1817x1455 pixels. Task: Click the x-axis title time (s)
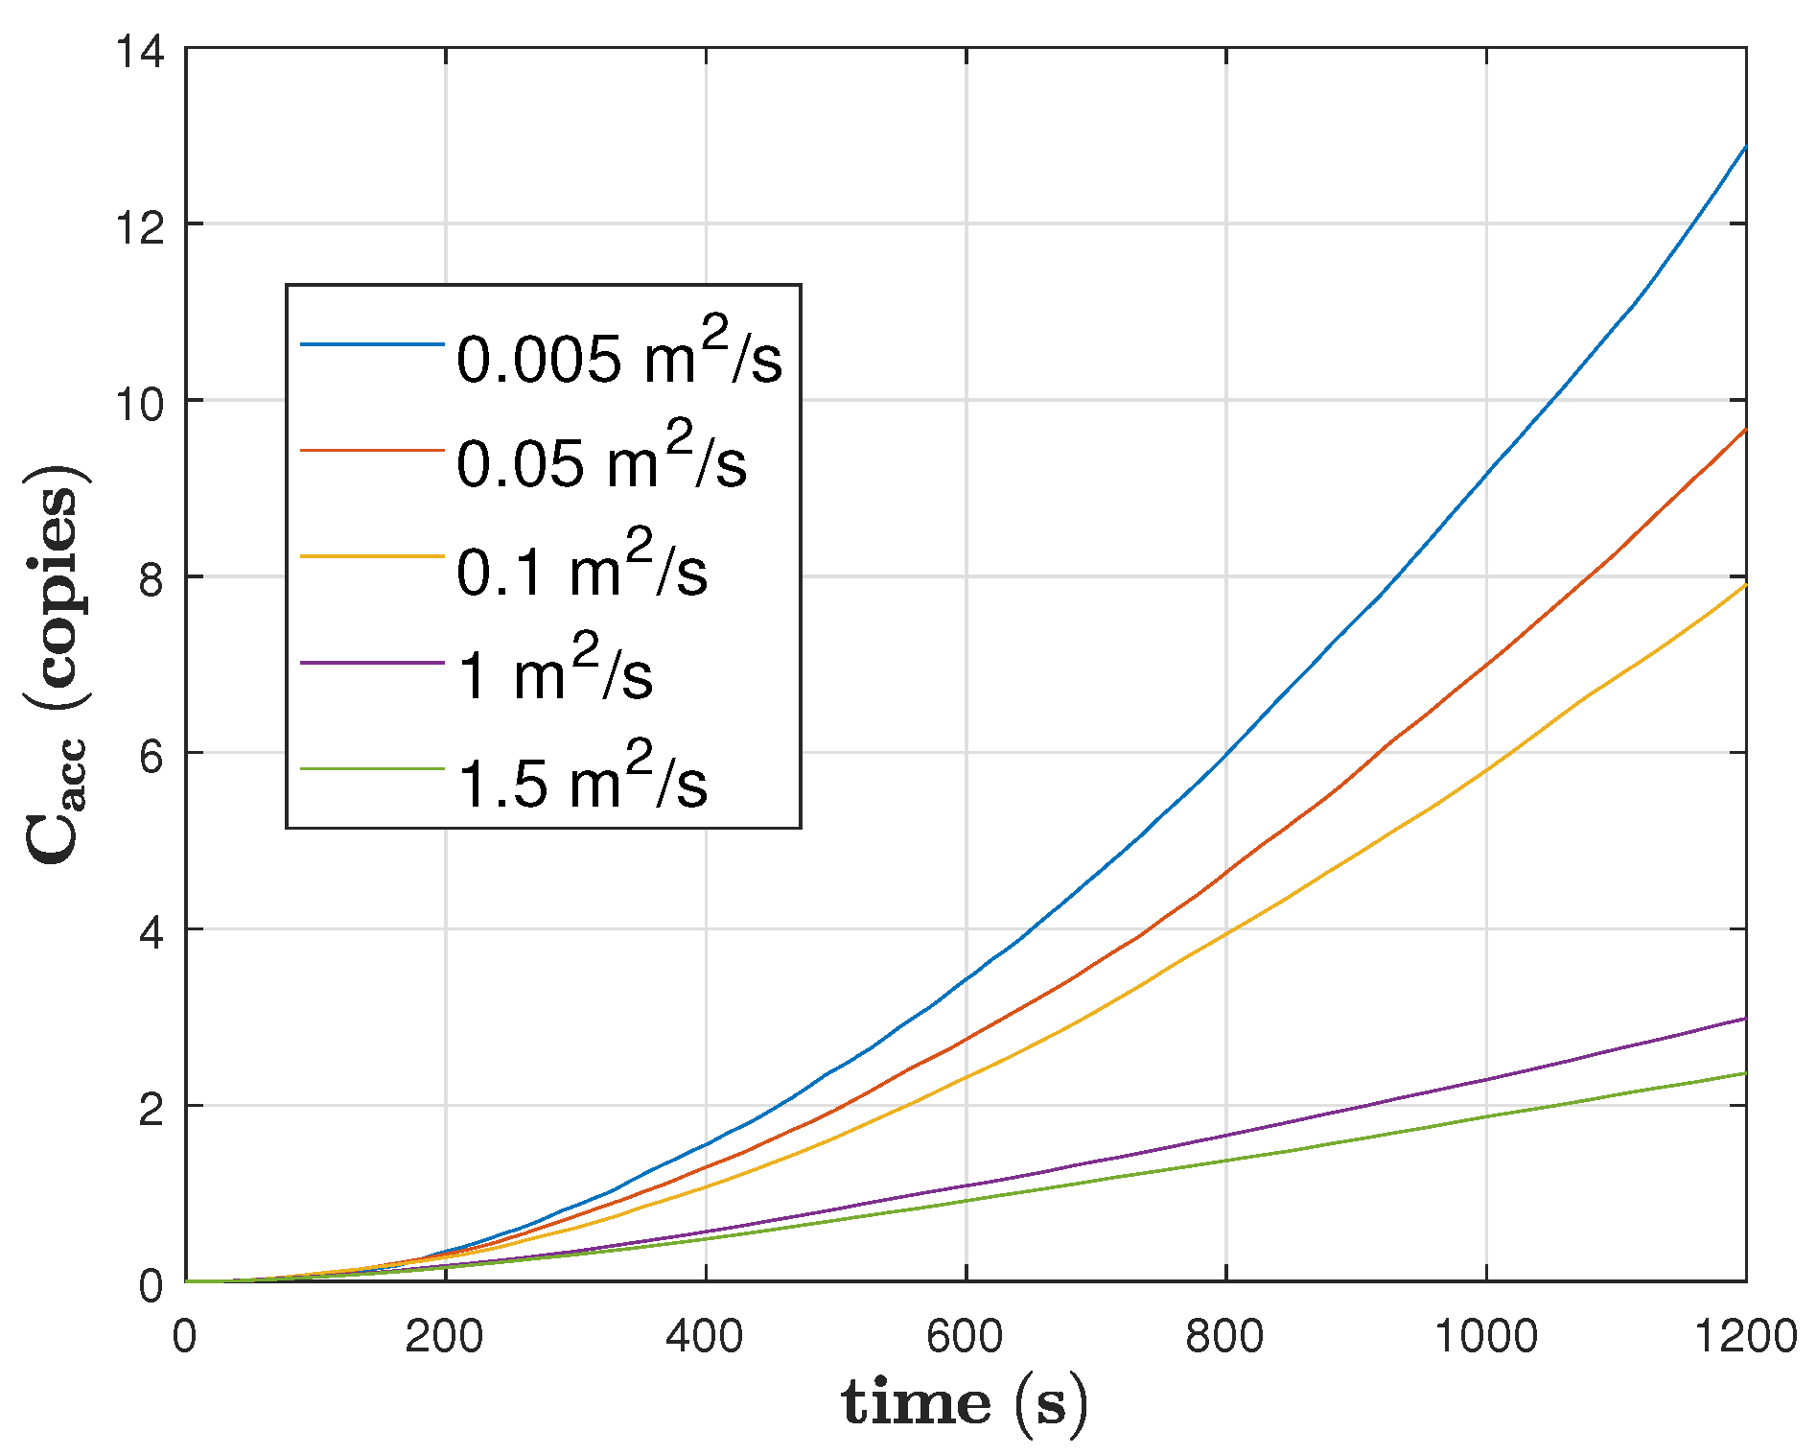[x=965, y=1404]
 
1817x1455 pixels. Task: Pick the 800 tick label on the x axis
[x=1224, y=1336]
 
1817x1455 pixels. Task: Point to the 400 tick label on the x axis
[x=705, y=1336]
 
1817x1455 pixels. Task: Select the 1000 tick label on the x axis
[x=1485, y=1336]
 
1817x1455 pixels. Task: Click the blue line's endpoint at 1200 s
[x=1745, y=147]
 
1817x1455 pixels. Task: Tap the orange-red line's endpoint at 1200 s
[x=1745, y=430]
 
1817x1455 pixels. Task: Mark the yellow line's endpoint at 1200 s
[x=1745, y=585]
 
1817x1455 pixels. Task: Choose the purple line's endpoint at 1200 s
[x=1745, y=1019]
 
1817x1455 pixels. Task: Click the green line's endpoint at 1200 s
[x=1745, y=1073]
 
